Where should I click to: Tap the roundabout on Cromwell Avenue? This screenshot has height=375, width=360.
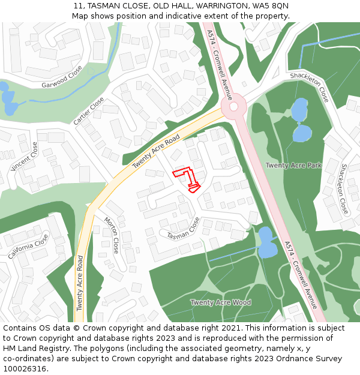click(233, 107)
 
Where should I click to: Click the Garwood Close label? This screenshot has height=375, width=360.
click(62, 77)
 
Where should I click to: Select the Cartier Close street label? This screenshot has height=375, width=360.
click(88, 111)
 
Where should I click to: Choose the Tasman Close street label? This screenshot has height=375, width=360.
click(183, 227)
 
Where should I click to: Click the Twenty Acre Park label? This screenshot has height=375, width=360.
click(293, 165)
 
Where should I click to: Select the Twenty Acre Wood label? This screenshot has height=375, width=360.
click(221, 302)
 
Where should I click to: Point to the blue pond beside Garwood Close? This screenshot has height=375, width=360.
click(8, 100)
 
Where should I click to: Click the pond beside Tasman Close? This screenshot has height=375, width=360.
click(265, 241)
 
